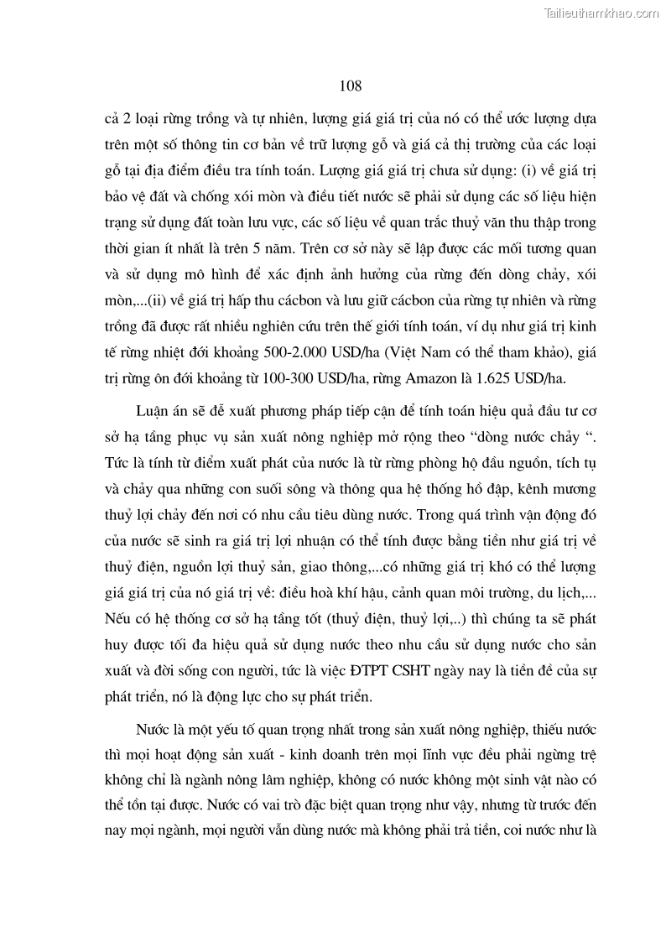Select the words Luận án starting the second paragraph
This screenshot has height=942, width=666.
pos(158,410)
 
